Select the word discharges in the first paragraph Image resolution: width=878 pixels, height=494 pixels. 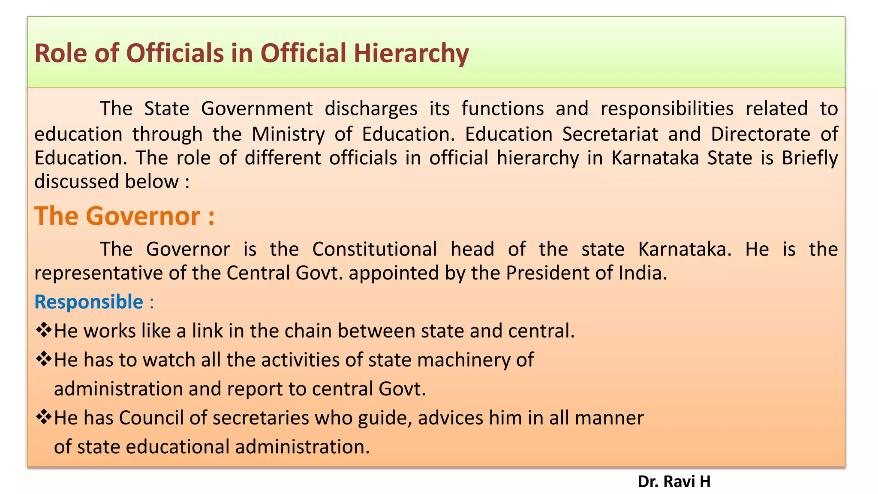click(371, 108)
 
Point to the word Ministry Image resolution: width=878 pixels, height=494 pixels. click(288, 134)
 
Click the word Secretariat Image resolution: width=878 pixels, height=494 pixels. click(610, 134)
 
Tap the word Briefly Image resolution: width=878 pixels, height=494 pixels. click(809, 158)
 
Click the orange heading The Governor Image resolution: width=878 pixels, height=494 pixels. click(124, 216)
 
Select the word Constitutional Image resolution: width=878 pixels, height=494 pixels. click(375, 249)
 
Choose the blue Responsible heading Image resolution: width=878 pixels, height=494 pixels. click(89, 302)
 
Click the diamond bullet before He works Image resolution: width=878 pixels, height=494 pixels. click(43, 330)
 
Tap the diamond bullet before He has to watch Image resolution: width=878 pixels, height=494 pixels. click(43, 358)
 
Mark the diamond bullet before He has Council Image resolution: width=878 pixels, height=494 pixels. click(43, 416)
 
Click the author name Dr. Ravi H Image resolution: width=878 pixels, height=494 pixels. click(674, 482)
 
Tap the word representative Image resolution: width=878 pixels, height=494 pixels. click(99, 273)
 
